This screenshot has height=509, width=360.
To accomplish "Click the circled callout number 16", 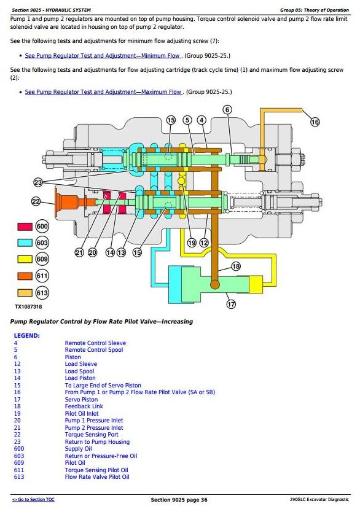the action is (315, 122).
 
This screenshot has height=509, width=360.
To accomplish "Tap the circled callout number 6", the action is (227, 110).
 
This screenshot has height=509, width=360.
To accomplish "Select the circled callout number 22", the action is (36, 201).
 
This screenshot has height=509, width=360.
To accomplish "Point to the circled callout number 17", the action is (231, 304).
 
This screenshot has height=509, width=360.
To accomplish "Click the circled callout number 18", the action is (236, 266).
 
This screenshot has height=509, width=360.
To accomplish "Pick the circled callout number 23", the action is (38, 182).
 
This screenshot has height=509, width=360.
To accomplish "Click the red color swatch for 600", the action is (25, 227).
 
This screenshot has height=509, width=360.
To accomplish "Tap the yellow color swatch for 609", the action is (25, 259).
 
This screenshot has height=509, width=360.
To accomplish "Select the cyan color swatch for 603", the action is (25, 243).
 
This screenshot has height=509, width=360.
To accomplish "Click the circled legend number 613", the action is (42, 293).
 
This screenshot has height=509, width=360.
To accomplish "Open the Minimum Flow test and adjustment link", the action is (103, 55).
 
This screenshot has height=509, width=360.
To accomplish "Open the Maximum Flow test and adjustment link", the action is (104, 92).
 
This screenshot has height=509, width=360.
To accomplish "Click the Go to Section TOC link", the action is (33, 500).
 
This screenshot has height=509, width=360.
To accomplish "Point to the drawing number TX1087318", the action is (28, 307).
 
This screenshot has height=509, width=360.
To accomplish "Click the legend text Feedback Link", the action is (84, 406).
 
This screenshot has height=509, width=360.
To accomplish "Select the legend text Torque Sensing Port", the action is (92, 435).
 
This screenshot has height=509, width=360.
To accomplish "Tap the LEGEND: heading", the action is (26, 336).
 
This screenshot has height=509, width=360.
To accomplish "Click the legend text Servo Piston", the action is (81, 400).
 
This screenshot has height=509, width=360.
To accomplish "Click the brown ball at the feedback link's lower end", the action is (215, 284).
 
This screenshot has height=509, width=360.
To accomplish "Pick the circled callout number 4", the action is (202, 120).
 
